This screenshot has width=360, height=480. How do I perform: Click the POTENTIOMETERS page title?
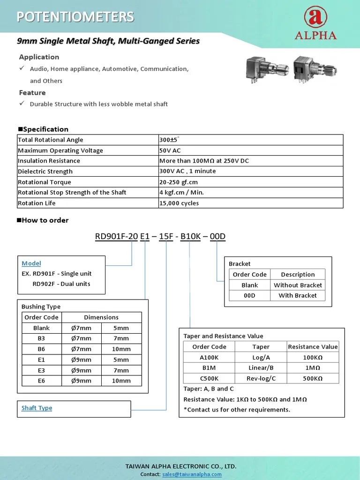coord(75,17)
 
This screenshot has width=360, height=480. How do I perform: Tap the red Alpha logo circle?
coord(315,17)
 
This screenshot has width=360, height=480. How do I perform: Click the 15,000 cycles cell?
coord(179,203)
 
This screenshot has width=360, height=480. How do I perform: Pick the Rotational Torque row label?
coord(45,182)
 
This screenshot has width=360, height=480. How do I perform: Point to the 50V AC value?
coord(170,150)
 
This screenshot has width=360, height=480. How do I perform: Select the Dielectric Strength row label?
coord(45,172)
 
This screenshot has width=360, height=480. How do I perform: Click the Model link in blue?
coord(31,263)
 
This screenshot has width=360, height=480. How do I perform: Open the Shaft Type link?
coord(37,408)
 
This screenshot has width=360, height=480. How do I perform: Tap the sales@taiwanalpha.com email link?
coord(192,474)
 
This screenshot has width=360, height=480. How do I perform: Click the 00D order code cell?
coord(249,295)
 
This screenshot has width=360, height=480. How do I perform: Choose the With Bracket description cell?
coord(298,295)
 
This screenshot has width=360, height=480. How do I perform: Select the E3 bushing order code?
coord(41,370)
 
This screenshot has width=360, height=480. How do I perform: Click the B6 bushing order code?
coord(41,349)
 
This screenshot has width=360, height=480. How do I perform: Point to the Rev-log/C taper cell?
coord(261,378)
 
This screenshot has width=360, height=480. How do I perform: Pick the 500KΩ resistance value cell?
coord(313,378)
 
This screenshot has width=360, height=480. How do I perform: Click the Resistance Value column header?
coord(313,347)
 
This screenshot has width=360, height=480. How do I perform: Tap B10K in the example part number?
coord(190,237)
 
